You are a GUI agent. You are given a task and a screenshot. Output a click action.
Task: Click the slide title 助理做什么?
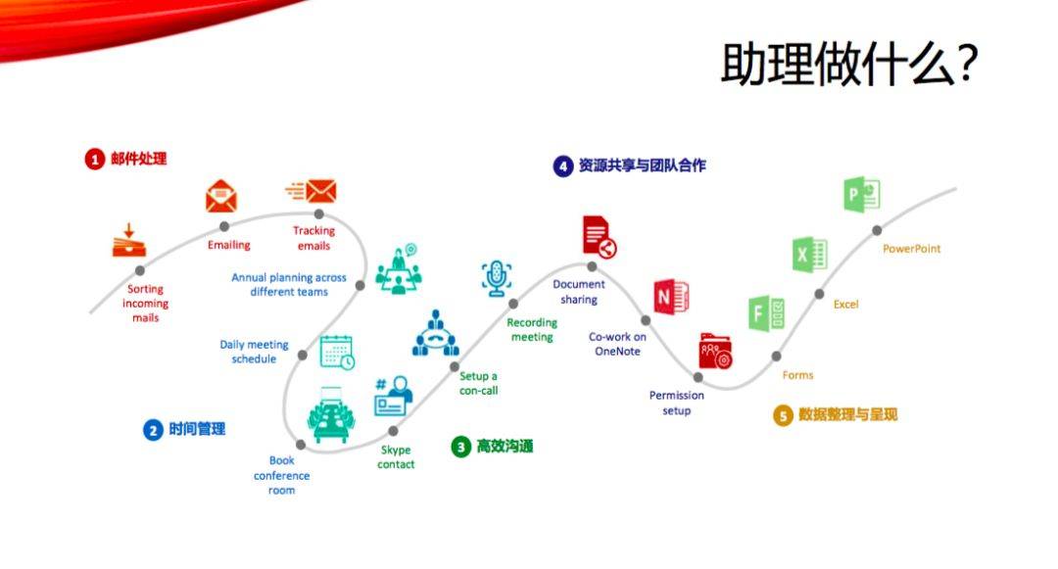(848, 64)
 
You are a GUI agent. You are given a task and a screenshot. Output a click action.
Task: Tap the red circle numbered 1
(94, 159)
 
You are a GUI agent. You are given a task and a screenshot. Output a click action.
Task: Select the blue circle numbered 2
(153, 430)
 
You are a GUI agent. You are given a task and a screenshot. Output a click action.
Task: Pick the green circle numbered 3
(460, 447)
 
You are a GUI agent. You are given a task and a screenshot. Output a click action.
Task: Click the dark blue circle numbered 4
(562, 166)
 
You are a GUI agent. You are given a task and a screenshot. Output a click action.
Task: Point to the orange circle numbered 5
(783, 415)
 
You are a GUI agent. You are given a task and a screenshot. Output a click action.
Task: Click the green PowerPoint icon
(862, 195)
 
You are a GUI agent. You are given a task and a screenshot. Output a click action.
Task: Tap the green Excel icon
(810, 255)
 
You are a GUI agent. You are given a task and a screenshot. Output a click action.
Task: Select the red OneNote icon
(671, 297)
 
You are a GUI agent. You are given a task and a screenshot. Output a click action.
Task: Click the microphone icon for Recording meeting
(497, 278)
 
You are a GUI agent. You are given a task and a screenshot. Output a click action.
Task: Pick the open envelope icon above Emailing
(221, 196)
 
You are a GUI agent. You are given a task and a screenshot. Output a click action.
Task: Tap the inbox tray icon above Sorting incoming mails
(129, 241)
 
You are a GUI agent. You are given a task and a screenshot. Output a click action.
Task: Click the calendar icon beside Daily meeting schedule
(337, 352)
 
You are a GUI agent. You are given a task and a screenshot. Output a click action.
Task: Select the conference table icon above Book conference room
(331, 414)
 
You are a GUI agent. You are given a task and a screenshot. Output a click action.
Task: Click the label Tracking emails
(313, 238)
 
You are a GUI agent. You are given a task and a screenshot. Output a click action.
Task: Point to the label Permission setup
(677, 403)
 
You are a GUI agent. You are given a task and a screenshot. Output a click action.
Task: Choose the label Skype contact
(396, 457)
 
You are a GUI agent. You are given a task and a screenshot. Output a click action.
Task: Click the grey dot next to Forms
(777, 356)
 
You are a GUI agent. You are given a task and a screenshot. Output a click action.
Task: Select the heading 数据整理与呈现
(848, 414)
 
